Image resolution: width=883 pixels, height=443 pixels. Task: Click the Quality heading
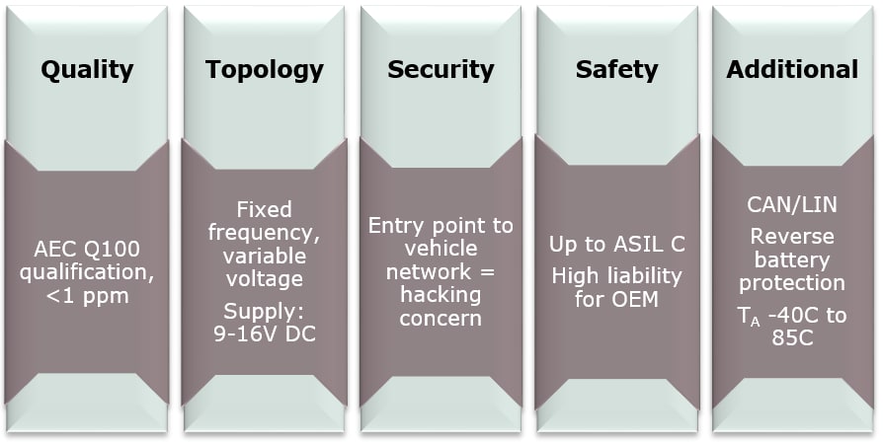[x=86, y=70]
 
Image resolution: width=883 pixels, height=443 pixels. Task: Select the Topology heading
[x=264, y=70]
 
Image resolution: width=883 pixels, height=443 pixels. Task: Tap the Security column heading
[x=441, y=70]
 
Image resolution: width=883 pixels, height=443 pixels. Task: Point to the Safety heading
[x=616, y=70]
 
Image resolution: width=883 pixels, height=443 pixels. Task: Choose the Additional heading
[x=792, y=70]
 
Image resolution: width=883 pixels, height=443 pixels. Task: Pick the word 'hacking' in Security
[x=441, y=295]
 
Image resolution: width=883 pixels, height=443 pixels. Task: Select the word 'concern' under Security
[x=441, y=318]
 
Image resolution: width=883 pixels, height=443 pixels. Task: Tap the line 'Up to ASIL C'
[x=616, y=244]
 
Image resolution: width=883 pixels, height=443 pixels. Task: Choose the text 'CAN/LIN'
[x=792, y=205]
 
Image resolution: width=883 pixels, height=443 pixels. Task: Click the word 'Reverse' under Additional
[x=792, y=237]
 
